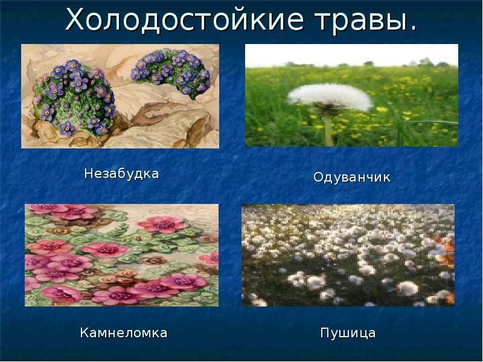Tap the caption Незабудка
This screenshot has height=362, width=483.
(x=121, y=174)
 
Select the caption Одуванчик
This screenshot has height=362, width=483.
(x=352, y=178)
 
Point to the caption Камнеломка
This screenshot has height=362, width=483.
(x=123, y=333)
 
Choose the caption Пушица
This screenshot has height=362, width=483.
(x=348, y=333)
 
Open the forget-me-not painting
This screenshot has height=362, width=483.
(x=120, y=96)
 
